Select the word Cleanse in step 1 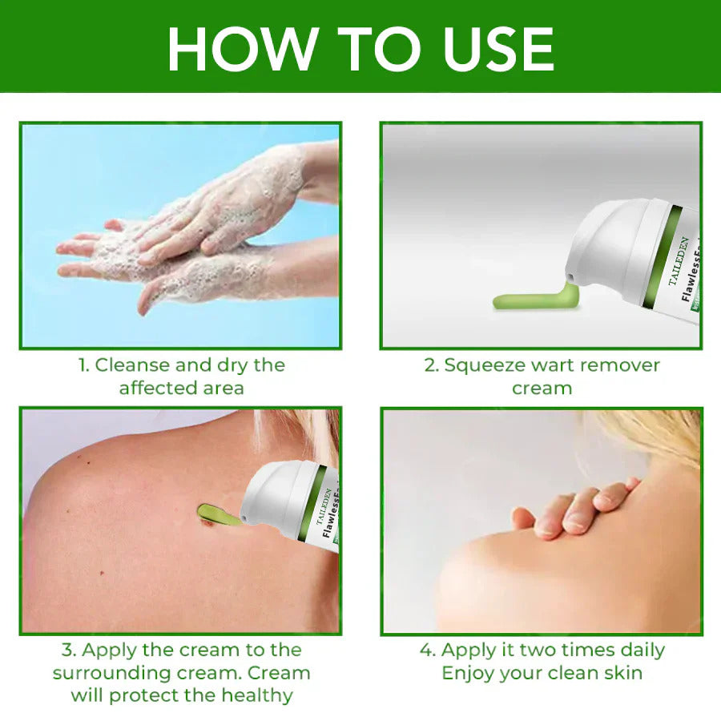click(132, 365)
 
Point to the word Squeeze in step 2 click(484, 365)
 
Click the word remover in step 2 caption click(621, 365)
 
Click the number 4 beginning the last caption click(426, 650)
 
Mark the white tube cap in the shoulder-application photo click(276, 497)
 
